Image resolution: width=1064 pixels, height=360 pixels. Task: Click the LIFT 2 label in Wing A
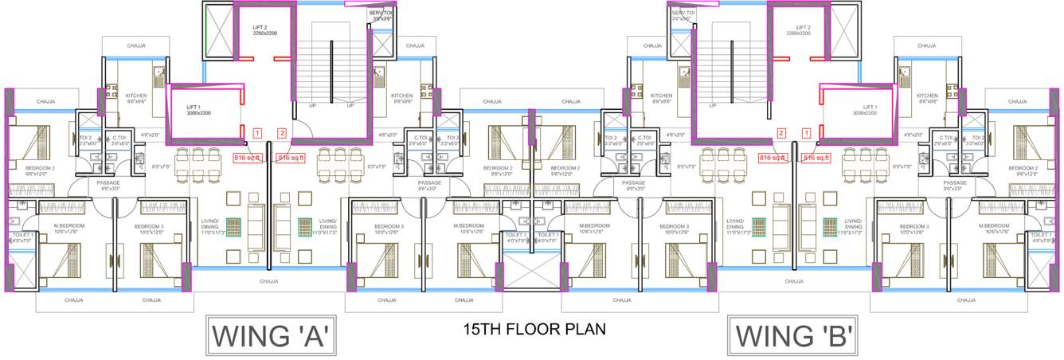click(254, 28)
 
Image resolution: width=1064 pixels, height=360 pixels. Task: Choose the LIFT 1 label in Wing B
click(864, 107)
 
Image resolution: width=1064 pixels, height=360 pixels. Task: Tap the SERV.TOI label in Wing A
click(381, 14)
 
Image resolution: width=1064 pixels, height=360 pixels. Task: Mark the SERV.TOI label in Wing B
click(683, 14)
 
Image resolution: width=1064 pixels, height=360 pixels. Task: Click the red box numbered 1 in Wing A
click(257, 133)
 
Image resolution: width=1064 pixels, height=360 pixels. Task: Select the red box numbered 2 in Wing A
click(281, 133)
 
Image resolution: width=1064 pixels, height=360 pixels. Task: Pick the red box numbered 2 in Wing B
click(782, 133)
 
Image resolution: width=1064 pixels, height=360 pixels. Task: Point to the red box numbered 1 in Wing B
click(806, 133)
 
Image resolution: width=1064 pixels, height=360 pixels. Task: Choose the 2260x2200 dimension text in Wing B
click(797, 34)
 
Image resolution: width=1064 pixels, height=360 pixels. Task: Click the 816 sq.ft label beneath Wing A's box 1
click(248, 158)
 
